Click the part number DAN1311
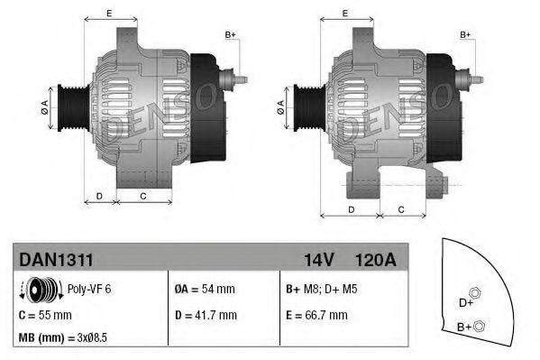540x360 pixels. pos(56,260)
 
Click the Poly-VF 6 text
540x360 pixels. pos(90,290)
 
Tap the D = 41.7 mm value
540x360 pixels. pos(206,315)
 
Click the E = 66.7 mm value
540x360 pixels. pos(316,315)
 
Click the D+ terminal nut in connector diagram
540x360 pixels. pos(476,291)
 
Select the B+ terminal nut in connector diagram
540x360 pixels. pos(479,326)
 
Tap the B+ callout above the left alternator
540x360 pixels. pos(229,35)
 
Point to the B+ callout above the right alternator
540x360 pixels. pos(466,35)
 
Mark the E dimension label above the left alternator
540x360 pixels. pos(109,14)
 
